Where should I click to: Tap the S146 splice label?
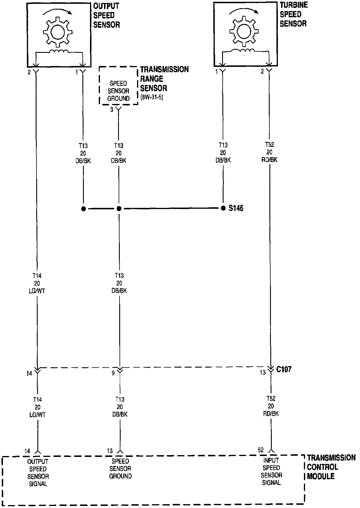point(236,208)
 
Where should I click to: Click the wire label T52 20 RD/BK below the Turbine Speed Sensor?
point(269,152)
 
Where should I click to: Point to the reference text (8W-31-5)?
point(152,97)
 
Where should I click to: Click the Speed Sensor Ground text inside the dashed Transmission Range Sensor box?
point(118,91)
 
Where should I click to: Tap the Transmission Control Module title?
point(331,467)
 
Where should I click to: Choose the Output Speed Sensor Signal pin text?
point(38,472)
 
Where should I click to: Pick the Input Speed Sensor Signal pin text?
point(271,472)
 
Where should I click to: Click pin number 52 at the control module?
point(261,450)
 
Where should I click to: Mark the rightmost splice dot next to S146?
point(223,208)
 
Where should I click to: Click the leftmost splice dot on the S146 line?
point(84,209)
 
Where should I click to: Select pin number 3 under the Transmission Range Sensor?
point(112,109)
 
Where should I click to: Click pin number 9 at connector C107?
point(113,373)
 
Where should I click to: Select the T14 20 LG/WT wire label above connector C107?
point(38,283)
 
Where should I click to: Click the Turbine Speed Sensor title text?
point(293,14)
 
